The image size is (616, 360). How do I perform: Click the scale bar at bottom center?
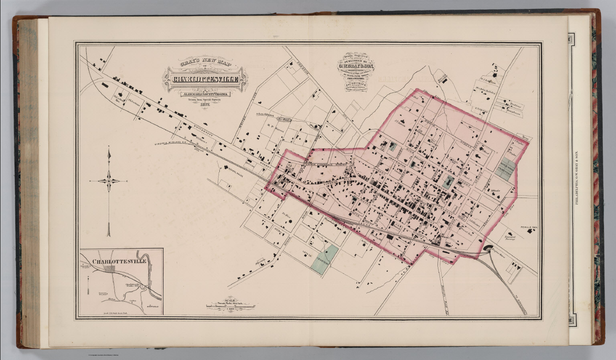(x=231, y=307)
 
